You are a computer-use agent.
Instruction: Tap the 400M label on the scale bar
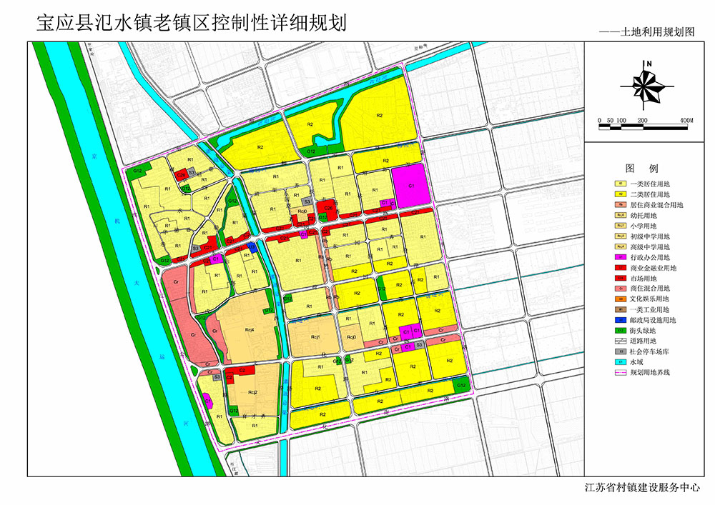(688, 119)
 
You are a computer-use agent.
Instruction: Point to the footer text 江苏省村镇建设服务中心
(643, 488)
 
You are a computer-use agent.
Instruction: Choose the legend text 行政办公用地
(650, 257)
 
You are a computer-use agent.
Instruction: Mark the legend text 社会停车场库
(650, 351)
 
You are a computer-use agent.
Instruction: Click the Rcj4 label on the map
(250, 329)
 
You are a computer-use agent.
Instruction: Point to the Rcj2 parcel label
(252, 392)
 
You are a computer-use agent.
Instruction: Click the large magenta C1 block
(412, 185)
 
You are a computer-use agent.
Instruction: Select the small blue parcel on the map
(252, 247)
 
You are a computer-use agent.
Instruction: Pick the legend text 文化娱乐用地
(650, 299)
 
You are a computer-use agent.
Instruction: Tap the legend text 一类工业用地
(650, 309)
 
